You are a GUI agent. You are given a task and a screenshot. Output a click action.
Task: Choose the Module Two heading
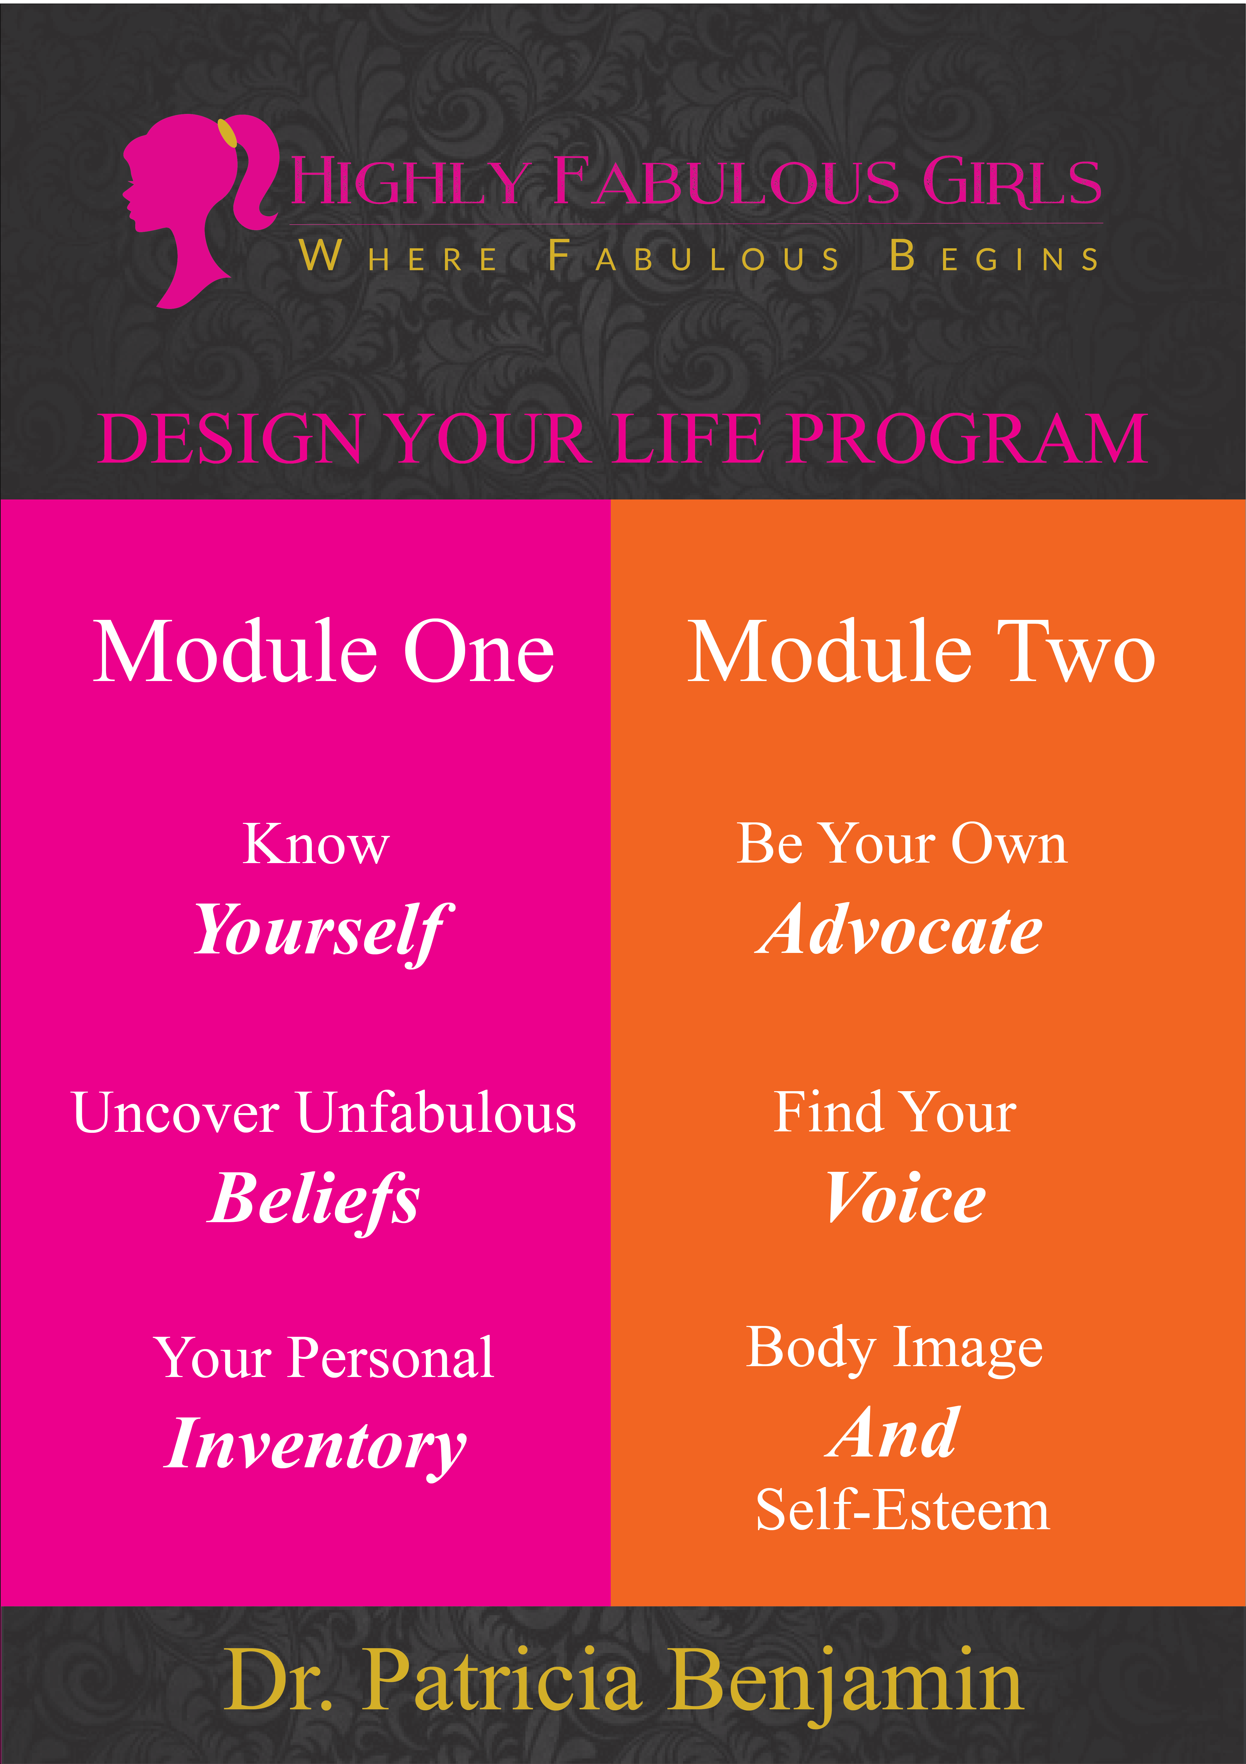pos(921,651)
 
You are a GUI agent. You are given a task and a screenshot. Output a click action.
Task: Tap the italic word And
pos(893,1434)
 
